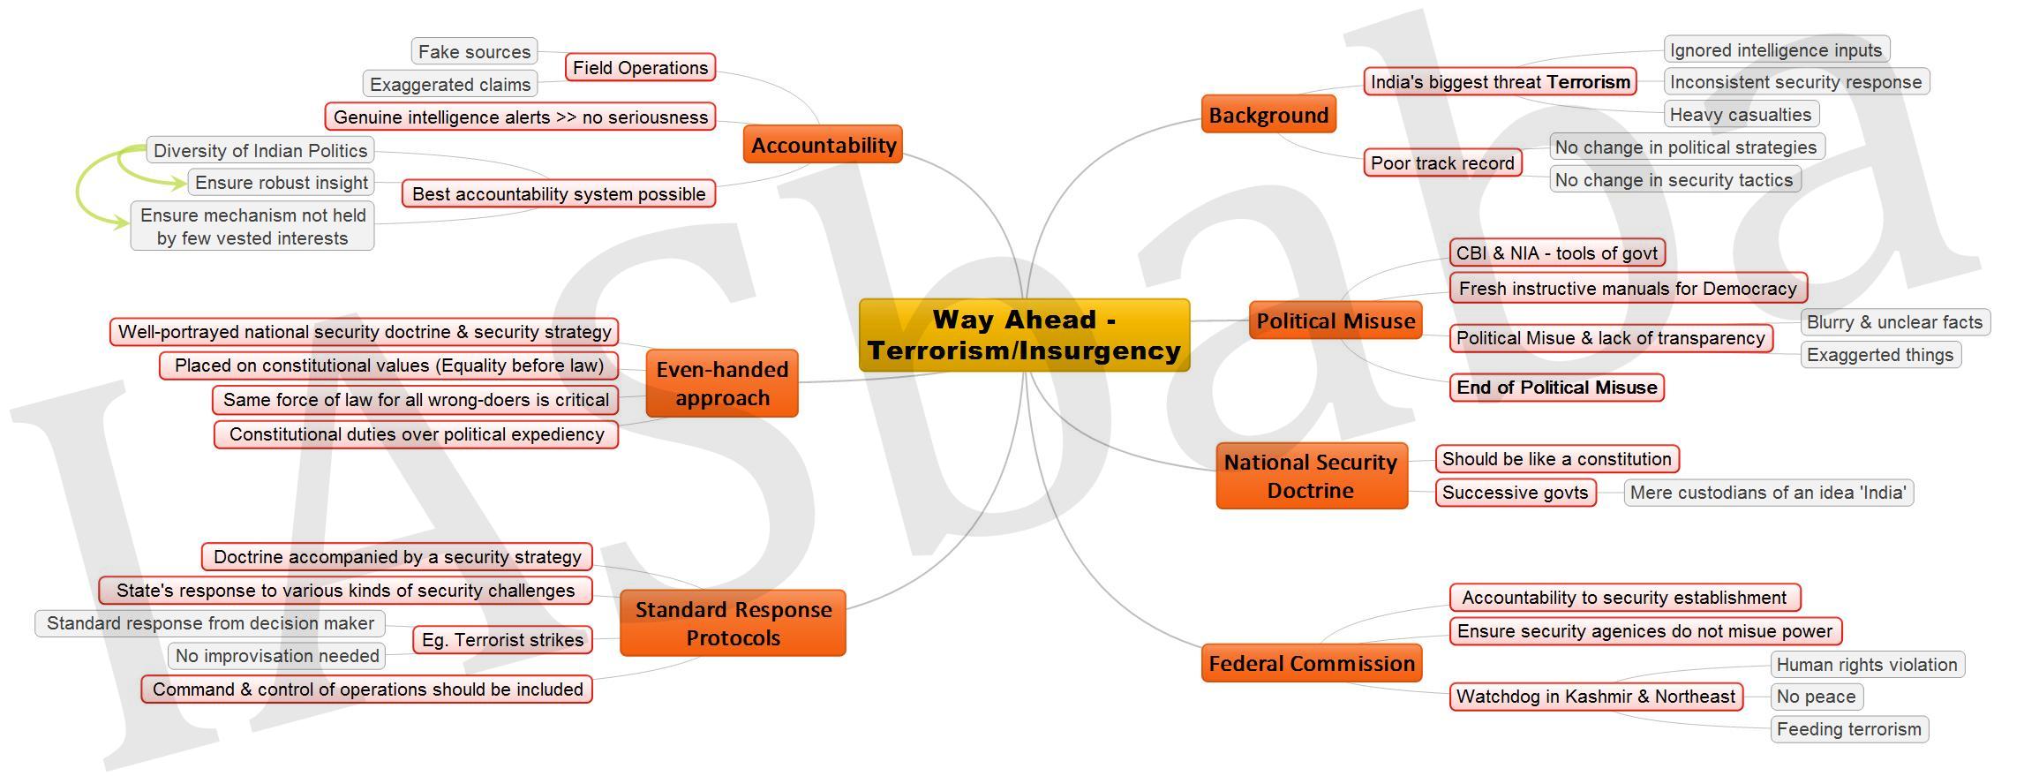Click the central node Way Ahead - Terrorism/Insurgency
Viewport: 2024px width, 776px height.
1024,335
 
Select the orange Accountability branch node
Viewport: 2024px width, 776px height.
823,145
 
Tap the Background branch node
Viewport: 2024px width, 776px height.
1268,115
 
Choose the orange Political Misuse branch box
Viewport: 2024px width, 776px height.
1336,320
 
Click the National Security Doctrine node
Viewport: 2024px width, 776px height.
1311,476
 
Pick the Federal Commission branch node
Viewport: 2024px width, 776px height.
1311,663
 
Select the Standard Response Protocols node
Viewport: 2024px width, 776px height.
733,623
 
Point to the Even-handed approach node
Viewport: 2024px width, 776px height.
722,383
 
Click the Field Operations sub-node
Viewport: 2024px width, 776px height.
640,67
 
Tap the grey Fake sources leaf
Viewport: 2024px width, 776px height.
474,51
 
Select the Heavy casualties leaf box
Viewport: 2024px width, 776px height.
1741,114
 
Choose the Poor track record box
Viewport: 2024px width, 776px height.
1442,162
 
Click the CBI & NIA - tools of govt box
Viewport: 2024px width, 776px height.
1557,253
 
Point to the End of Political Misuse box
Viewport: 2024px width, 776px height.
1557,387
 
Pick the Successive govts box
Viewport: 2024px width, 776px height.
1515,493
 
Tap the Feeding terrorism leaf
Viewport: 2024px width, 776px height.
1849,729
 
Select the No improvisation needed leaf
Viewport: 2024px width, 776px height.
277,656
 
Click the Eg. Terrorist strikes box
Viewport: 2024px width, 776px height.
502,640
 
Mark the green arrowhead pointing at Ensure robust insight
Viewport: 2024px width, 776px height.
180,183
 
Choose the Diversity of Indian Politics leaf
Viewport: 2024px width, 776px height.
260,150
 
